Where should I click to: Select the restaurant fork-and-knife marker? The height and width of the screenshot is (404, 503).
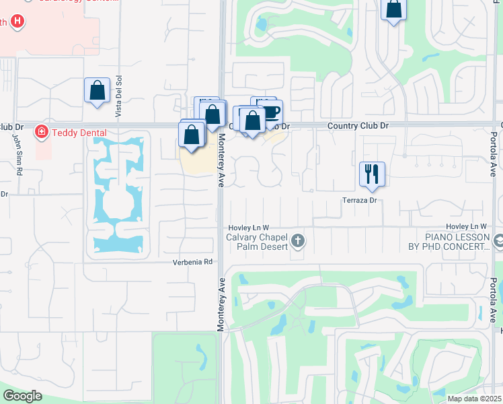tap(371, 173)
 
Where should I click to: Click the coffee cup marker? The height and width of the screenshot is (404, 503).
tap(270, 112)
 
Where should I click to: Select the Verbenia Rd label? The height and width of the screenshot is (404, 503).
tap(192, 262)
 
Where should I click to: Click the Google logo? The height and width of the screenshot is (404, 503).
tap(22, 396)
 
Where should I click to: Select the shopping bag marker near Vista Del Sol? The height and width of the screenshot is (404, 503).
tap(97, 90)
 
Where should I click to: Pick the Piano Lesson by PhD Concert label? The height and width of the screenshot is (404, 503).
tap(457, 242)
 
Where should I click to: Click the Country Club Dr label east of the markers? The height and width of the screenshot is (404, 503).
tap(358, 126)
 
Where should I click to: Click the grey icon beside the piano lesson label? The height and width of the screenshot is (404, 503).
tap(498, 240)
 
